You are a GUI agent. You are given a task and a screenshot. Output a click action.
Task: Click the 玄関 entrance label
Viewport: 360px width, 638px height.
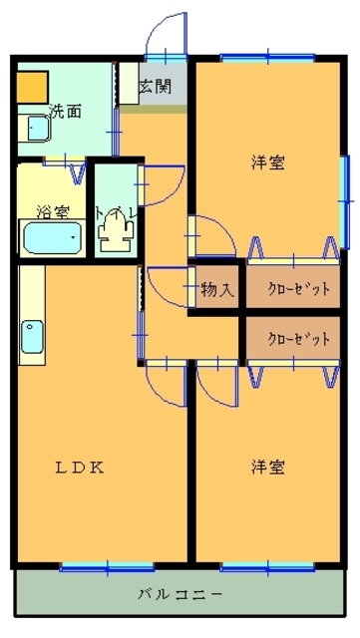pyautogui.click(x=156, y=87)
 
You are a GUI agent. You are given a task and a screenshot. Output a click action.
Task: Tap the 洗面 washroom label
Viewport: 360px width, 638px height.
pyautogui.click(x=65, y=111)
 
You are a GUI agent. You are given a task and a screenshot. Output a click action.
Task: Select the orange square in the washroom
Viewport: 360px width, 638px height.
pyautogui.click(x=32, y=87)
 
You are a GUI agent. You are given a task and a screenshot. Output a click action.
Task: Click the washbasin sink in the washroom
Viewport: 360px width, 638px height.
pyautogui.click(x=38, y=129)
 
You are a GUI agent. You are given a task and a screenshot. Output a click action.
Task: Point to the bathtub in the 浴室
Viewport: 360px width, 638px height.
pyautogui.click(x=52, y=237)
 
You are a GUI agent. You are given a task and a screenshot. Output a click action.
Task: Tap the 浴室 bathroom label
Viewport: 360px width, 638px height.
pyautogui.click(x=53, y=211)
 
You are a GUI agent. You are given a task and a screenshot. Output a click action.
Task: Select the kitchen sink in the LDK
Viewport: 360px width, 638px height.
pyautogui.click(x=32, y=337)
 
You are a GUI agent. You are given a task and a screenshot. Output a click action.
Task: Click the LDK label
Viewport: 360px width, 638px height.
pyautogui.click(x=80, y=468)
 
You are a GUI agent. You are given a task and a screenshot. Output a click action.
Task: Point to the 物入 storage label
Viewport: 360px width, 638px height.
pyautogui.click(x=217, y=289)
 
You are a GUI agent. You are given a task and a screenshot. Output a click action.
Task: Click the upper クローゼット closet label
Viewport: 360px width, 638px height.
pyautogui.click(x=298, y=289)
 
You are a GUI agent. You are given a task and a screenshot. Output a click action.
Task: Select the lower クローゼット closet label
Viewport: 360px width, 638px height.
pyautogui.click(x=298, y=339)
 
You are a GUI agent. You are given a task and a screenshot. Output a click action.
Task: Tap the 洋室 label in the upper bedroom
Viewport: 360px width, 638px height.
pyautogui.click(x=267, y=162)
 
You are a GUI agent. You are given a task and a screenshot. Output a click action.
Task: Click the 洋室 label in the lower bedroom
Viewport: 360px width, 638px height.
pyautogui.click(x=267, y=468)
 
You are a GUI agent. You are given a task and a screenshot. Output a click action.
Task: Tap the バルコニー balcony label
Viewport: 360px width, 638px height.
pyautogui.click(x=180, y=595)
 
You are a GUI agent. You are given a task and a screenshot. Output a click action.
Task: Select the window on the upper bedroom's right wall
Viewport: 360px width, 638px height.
pyautogui.click(x=345, y=201)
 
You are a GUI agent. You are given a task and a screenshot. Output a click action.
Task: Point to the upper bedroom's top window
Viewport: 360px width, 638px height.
pyautogui.click(x=268, y=58)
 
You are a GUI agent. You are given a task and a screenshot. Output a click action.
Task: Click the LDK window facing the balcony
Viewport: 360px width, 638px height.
pyautogui.click(x=107, y=567)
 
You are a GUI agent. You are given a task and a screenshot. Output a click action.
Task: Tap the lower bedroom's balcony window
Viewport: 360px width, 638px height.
pyautogui.click(x=267, y=567)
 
